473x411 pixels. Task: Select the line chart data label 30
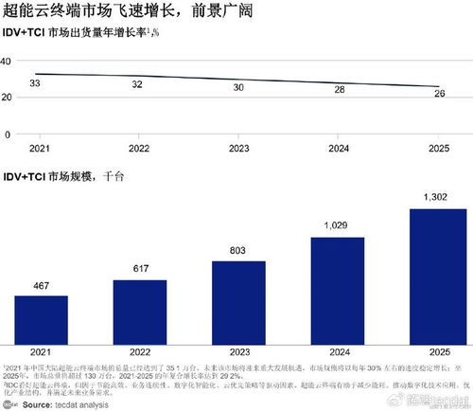pos(237,87)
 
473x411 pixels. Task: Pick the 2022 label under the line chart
pos(139,150)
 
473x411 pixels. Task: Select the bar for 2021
pos(41,321)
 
